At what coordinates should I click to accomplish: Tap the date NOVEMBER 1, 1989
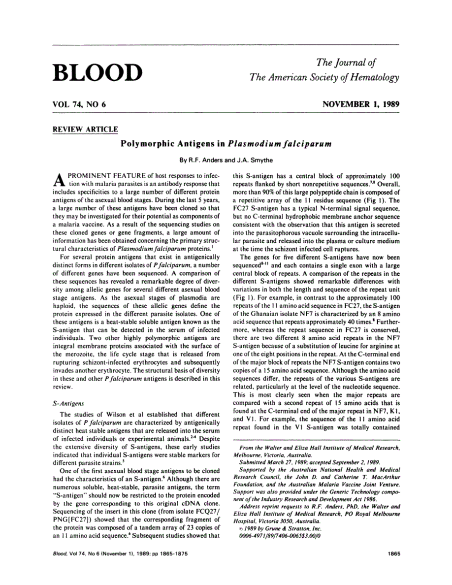(x=360, y=104)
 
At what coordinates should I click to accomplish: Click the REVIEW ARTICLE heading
(x=85, y=130)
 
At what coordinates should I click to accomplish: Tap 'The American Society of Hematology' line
(x=324, y=77)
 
